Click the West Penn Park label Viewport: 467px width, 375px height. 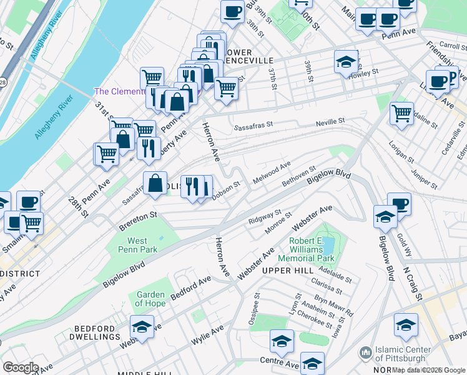point(137,245)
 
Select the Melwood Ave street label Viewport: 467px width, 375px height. point(272,173)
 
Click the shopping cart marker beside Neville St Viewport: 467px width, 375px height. point(401,114)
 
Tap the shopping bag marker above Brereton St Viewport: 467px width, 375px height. point(155,183)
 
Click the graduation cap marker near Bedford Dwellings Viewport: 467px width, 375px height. point(142,327)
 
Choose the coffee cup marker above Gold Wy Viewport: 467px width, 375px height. point(399,204)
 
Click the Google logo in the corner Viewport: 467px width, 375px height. point(21,367)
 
